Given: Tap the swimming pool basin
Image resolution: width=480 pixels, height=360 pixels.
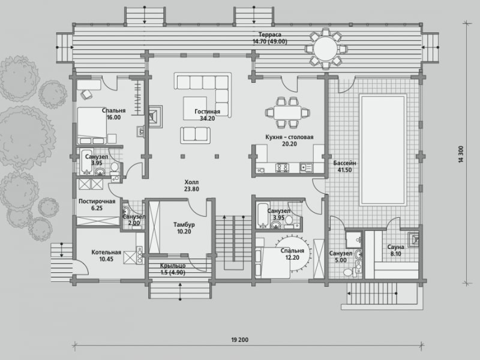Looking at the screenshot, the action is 383,150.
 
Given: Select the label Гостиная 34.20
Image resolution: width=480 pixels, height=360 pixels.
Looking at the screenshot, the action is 207,115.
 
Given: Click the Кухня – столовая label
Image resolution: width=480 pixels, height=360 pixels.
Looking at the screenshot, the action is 289,137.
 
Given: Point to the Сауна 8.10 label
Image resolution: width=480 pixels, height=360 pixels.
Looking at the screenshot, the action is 396,250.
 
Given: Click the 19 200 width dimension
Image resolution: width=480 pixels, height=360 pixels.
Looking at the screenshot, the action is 240,340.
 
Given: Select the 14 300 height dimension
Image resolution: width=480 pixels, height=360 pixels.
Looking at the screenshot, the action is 461,154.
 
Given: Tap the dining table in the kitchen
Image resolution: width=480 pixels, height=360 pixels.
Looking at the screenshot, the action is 287,113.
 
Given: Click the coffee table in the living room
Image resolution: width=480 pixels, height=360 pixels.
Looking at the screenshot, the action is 195,109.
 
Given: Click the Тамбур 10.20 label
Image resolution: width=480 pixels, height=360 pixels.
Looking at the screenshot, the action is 184,228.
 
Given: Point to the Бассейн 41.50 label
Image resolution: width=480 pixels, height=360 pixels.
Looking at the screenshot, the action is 344,167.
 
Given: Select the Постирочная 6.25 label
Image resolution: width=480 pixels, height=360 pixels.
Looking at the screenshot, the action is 97,205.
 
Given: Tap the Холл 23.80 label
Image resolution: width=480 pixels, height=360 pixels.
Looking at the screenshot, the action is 191,185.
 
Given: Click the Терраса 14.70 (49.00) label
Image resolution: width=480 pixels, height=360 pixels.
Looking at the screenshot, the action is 269,38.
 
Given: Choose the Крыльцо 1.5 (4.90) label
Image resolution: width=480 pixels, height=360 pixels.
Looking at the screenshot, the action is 173,269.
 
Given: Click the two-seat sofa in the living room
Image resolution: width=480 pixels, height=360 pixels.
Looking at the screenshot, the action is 196,134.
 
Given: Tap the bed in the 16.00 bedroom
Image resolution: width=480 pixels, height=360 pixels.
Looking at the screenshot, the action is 92,125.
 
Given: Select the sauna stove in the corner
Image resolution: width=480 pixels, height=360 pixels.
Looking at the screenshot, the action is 413,238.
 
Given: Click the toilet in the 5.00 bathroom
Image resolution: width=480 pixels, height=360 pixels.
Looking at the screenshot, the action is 349,272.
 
